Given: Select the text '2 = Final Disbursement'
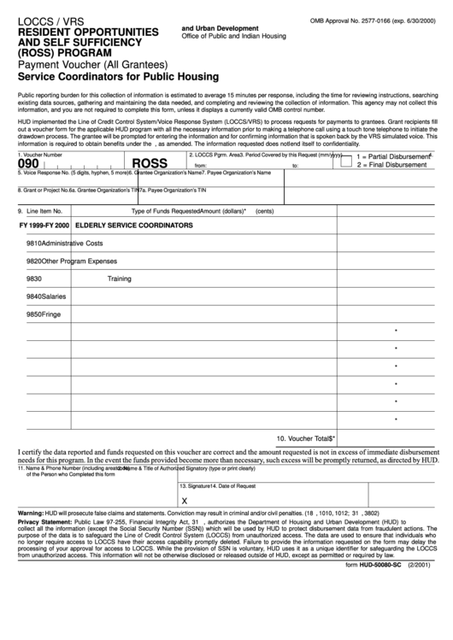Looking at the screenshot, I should pyautogui.click(x=394, y=165).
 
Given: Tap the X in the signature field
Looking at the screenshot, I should pyautogui.click(x=184, y=501).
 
